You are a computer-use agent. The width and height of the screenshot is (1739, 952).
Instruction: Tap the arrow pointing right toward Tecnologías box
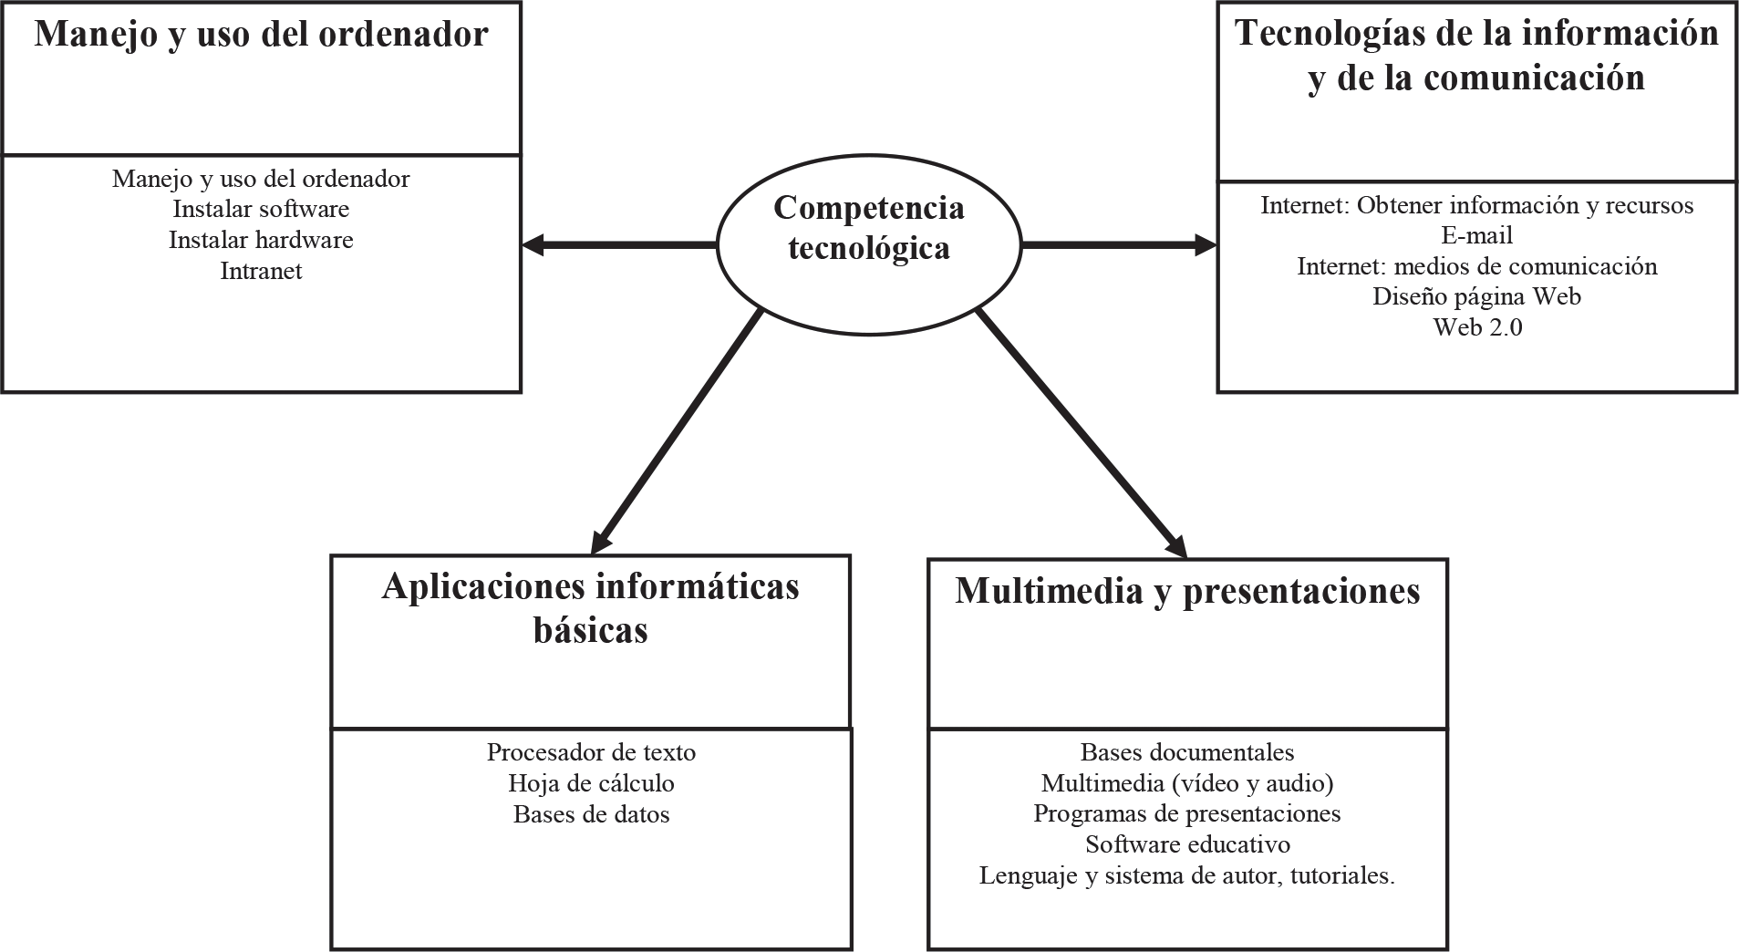click(1118, 244)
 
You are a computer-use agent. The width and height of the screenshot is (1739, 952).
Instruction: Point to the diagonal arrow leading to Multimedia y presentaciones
click(1082, 434)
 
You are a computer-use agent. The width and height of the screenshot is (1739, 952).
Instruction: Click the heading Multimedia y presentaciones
click(1187, 591)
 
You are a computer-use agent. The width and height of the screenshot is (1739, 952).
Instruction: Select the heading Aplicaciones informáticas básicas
click(590, 607)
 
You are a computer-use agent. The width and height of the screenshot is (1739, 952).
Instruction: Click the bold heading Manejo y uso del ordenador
click(261, 35)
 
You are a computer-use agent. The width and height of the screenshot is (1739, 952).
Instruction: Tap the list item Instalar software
click(261, 209)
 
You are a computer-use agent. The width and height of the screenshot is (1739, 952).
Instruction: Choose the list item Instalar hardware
click(261, 240)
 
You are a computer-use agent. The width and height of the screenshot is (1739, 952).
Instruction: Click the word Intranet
click(261, 271)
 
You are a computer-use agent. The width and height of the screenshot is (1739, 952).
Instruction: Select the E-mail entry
click(1476, 235)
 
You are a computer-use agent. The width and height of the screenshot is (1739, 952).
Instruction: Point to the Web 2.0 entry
click(1477, 327)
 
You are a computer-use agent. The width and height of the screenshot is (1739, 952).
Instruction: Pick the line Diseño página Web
click(1476, 296)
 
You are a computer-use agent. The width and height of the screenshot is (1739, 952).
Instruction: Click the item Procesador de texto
click(591, 752)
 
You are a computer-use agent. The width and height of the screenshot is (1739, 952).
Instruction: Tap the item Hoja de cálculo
click(591, 783)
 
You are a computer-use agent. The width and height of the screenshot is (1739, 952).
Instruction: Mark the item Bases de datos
click(591, 814)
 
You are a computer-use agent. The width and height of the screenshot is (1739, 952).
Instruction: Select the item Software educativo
click(1187, 844)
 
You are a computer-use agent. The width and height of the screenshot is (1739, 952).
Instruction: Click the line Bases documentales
click(1187, 752)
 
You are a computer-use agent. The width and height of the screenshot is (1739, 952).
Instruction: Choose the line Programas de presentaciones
click(1187, 813)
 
